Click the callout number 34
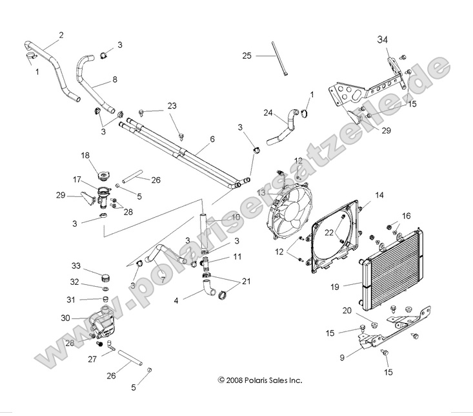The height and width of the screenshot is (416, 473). coord(383,40)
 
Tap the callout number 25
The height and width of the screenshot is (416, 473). coord(247,56)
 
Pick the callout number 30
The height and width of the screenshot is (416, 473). coord(65,317)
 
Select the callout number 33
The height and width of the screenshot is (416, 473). coord(76,265)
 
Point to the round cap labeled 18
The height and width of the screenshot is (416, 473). coord(103,176)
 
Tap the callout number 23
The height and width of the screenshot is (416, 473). coord(172,105)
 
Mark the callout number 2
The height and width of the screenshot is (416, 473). coord(61,34)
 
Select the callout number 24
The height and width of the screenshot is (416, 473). coord(268,112)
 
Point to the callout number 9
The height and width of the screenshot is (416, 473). coord(343,355)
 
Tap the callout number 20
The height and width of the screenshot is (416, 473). coord(347,310)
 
